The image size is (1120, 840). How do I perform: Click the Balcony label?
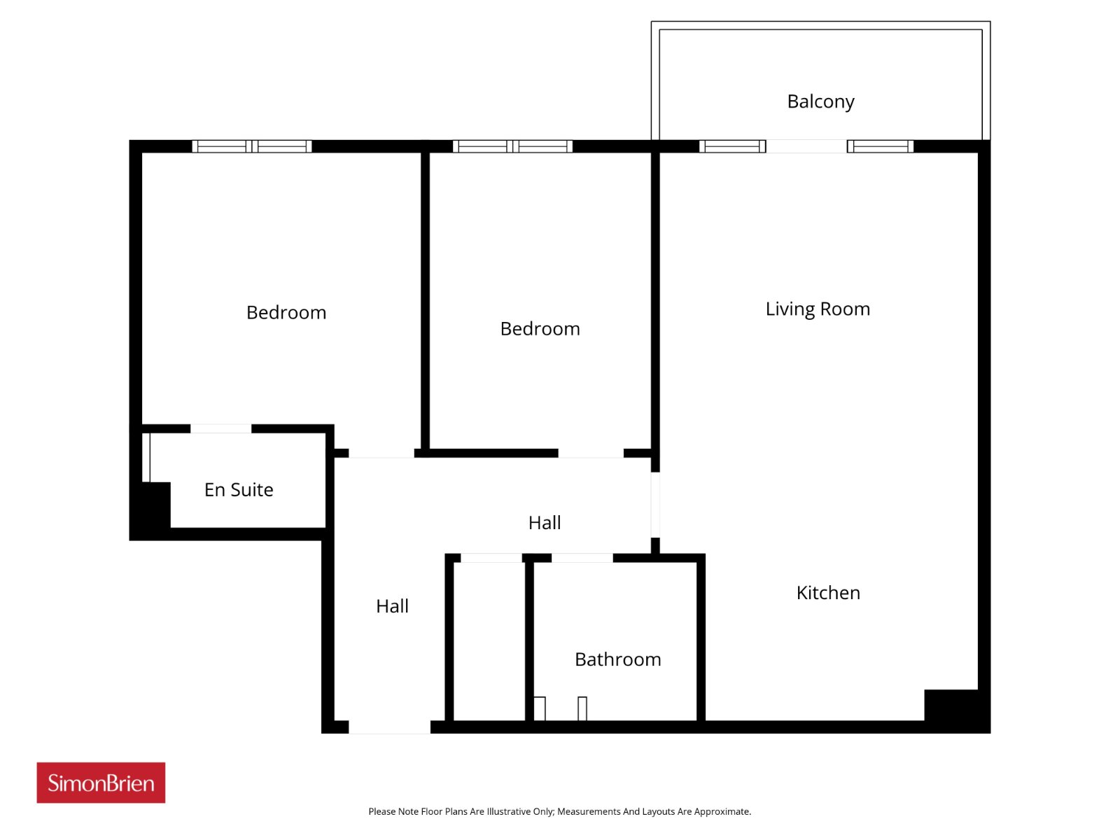click(x=820, y=101)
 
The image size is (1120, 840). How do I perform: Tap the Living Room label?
click(x=818, y=309)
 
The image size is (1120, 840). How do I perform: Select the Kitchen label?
click(x=828, y=593)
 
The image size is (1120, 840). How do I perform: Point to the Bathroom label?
click(x=618, y=659)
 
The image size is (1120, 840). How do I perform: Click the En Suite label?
click(x=239, y=489)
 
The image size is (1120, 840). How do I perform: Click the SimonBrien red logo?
click(x=101, y=783)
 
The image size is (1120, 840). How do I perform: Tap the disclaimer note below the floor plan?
click(x=560, y=811)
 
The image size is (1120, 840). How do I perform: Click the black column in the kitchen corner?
click(x=951, y=706)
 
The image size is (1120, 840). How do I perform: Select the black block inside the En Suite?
click(x=155, y=505)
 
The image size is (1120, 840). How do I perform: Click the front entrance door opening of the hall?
click(x=389, y=727)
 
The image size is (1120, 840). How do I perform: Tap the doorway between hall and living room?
click(x=655, y=505)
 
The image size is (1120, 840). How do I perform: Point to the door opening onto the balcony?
click(x=806, y=146)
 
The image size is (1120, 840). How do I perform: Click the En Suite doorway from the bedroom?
click(x=221, y=429)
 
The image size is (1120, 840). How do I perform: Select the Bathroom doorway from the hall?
click(x=582, y=559)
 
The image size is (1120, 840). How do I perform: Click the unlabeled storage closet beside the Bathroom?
click(x=489, y=642)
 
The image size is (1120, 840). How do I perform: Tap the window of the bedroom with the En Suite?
click(x=252, y=146)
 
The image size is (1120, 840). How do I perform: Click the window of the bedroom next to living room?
click(x=513, y=146)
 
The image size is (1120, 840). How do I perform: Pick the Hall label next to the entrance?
click(x=392, y=606)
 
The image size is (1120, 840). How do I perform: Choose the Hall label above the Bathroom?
click(x=545, y=523)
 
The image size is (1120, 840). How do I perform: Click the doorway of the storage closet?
click(x=491, y=559)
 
